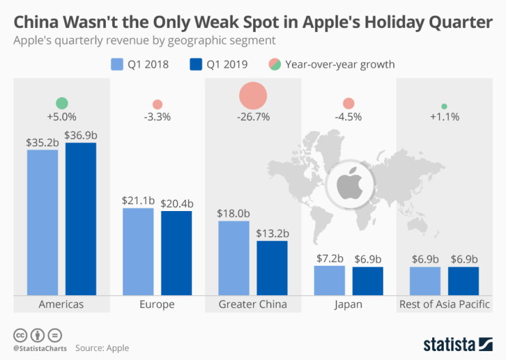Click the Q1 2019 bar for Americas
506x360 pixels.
point(81,219)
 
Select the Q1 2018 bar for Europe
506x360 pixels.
point(138,251)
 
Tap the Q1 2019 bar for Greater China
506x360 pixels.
point(272,267)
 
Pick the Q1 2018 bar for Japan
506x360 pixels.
point(330,280)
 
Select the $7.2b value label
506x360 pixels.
point(330,259)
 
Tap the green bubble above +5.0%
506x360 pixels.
point(62,103)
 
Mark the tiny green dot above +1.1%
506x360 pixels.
point(444,106)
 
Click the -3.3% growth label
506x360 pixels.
point(157,117)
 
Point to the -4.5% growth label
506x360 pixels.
point(349,117)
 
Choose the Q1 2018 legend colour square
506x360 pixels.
point(117,64)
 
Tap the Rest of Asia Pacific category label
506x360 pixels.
point(444,304)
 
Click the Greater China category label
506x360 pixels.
point(253,304)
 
